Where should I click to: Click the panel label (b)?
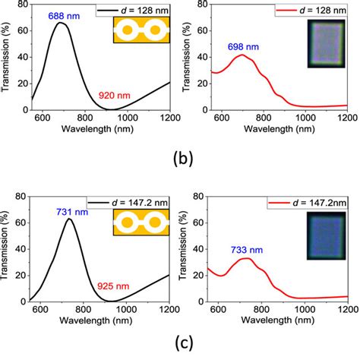coord(179,160)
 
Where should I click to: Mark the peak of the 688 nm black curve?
coord(63,24)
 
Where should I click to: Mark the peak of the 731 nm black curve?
coord(70,219)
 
